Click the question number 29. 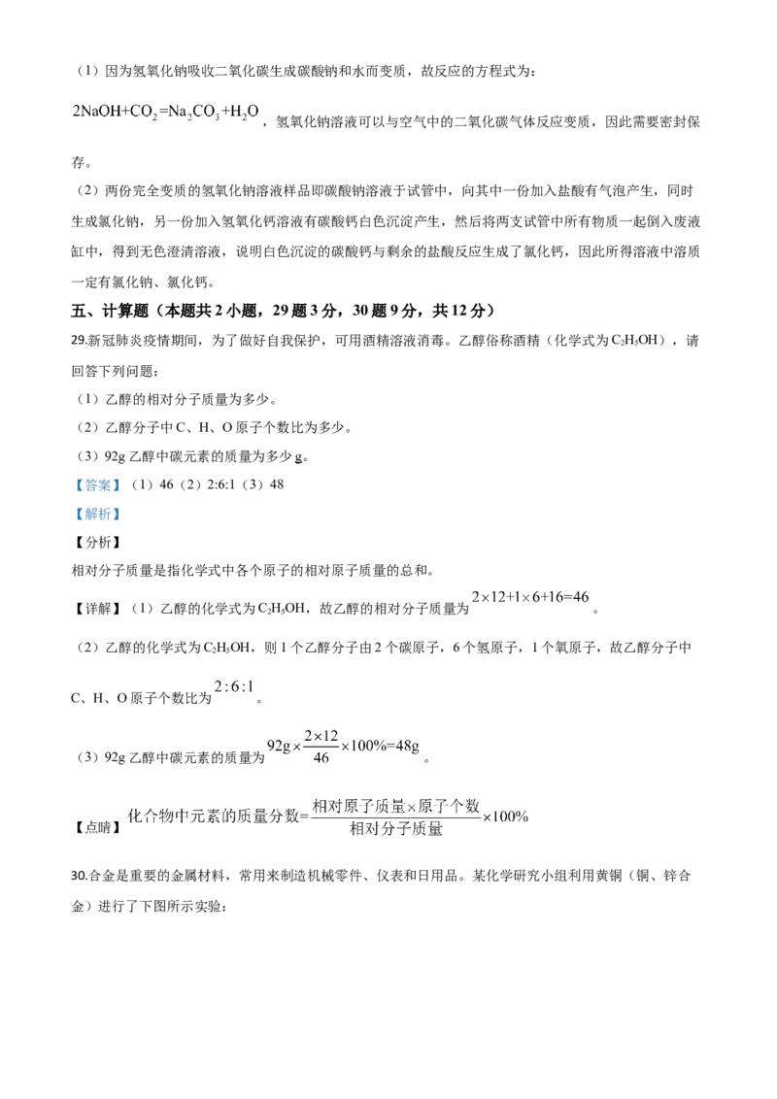click(78, 341)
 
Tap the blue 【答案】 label click(98, 484)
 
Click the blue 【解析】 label click(98, 514)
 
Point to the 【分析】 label click(98, 543)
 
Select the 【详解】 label click(98, 609)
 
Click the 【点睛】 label click(98, 827)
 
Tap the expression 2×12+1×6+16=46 click(530, 597)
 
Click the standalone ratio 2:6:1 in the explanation click(233, 687)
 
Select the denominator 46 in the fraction click(321, 757)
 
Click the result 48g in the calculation click(407, 746)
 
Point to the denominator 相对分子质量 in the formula click(396, 829)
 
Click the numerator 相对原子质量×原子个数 click(395, 806)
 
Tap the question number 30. click(78, 876)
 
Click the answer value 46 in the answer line click(166, 484)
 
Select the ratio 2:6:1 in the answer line click(220, 484)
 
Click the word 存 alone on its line click(78, 162)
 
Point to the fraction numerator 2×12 click(321, 736)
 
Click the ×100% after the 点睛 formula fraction click(505, 816)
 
